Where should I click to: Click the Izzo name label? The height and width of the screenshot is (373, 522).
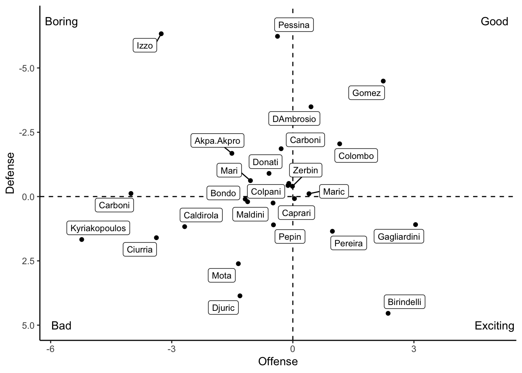[x=145, y=45]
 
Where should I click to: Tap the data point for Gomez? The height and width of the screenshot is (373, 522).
[x=383, y=81]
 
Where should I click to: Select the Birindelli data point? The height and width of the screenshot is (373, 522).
[x=388, y=313]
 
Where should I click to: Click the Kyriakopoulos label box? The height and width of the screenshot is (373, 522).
[x=98, y=228]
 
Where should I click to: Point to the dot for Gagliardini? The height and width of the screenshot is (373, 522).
[x=416, y=225]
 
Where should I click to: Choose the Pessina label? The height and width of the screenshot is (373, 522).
[x=294, y=25]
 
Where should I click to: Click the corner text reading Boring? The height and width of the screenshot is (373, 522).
[x=61, y=21]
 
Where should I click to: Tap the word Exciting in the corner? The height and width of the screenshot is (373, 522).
[x=494, y=326]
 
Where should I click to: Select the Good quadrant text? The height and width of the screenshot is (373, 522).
[x=494, y=21]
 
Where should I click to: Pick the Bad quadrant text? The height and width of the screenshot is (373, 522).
[x=61, y=326]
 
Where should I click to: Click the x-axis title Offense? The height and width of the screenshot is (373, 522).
[x=278, y=362]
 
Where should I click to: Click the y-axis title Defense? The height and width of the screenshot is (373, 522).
[x=10, y=173]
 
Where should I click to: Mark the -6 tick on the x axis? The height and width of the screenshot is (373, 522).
[x=50, y=349]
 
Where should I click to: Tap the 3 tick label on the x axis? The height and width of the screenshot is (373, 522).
[x=414, y=349]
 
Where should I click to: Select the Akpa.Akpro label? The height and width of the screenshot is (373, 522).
[x=217, y=141]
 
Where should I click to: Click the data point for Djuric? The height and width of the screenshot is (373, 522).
[x=240, y=296]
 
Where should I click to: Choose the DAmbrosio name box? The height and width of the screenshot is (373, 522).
[x=294, y=119]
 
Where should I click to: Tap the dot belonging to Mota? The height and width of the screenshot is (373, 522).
[x=238, y=264]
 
